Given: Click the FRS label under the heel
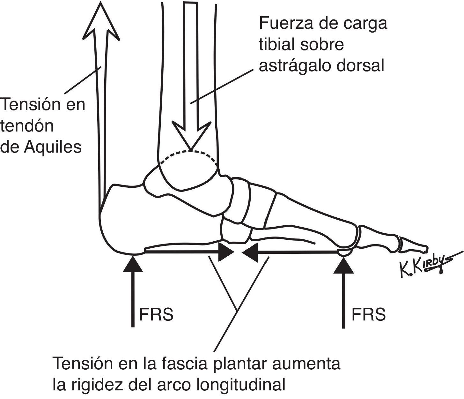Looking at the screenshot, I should coord(156,314).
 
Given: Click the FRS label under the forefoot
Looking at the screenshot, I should coord(368,314).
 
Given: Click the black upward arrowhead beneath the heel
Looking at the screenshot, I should coord(133,264).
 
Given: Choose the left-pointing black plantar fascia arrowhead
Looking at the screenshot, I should coord(250,252).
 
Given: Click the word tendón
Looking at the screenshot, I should coord(27,126).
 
